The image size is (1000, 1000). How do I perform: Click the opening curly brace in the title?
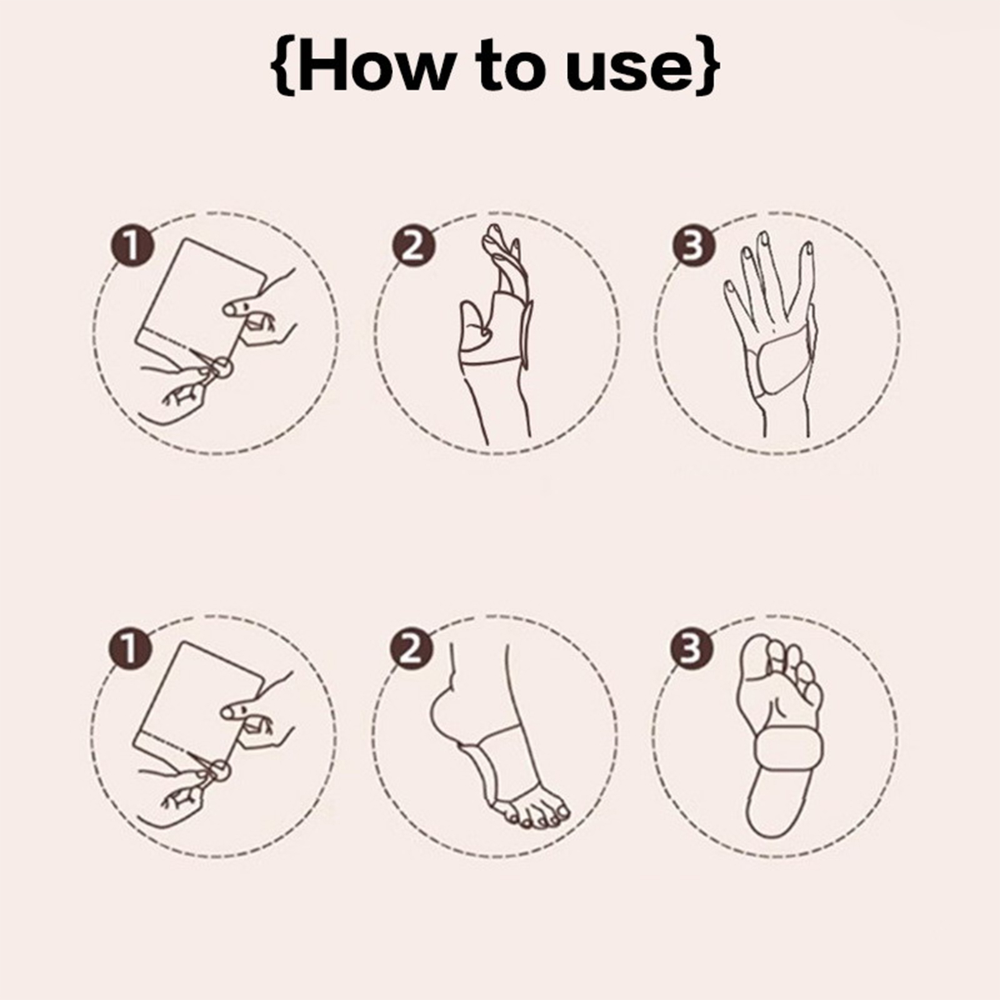point(284,66)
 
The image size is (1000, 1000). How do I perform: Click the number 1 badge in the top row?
point(132,246)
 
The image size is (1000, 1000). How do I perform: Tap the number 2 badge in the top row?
point(413,246)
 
